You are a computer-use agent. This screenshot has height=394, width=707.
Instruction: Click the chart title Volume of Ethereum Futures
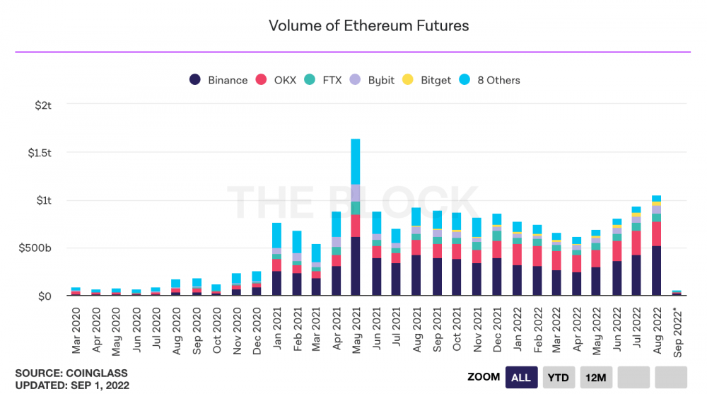click(368, 26)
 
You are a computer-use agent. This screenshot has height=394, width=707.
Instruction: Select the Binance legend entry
click(218, 80)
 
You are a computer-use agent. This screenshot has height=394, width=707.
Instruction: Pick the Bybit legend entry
click(373, 80)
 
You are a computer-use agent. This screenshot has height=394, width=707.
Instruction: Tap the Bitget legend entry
click(427, 80)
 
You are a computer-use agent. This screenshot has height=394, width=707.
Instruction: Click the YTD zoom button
click(559, 377)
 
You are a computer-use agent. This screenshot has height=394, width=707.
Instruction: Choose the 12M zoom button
click(595, 377)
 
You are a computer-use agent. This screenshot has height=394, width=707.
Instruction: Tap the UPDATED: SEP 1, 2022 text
click(72, 386)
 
